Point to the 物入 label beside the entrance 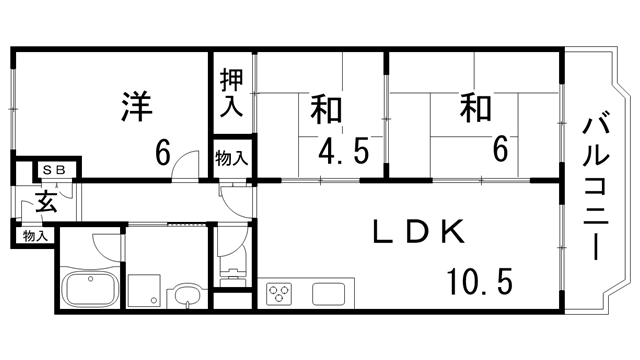pyautogui.click(x=35, y=236)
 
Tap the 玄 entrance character pyautogui.click(x=46, y=202)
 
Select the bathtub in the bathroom pyautogui.click(x=91, y=293)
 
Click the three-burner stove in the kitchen pyautogui.click(x=278, y=294)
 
